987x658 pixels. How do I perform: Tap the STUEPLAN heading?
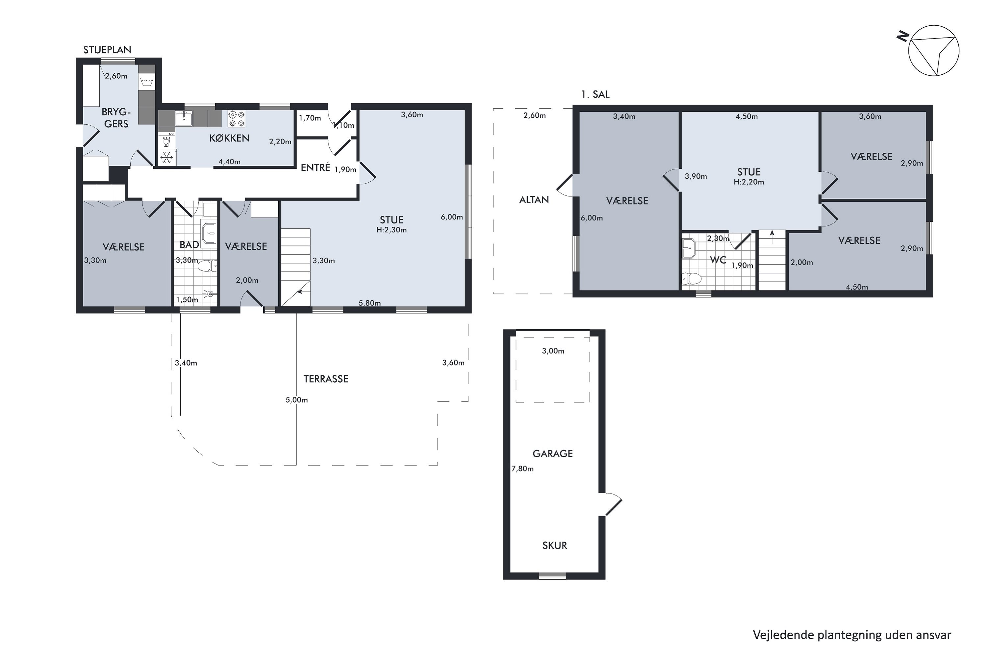(107, 50)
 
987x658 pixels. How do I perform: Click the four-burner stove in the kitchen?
(236, 119)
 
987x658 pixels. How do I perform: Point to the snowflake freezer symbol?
(167, 158)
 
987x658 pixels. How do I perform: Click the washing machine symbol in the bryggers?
(146, 81)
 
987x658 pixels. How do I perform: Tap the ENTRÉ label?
(316, 167)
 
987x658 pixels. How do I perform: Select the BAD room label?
(189, 245)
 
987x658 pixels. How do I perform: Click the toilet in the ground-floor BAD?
(208, 266)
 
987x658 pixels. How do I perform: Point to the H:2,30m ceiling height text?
(392, 230)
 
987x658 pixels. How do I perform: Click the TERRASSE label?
(326, 379)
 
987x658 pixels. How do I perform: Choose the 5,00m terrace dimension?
(297, 400)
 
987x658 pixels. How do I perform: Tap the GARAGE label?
(553, 454)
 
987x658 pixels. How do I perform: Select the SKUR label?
(555, 545)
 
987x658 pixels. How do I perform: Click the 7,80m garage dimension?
(522, 469)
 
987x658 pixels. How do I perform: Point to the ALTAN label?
(534, 200)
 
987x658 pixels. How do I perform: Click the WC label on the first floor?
(718, 260)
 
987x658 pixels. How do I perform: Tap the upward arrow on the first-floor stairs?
(772, 237)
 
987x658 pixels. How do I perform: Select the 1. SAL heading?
(595, 94)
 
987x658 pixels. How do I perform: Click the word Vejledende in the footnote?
(783, 635)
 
